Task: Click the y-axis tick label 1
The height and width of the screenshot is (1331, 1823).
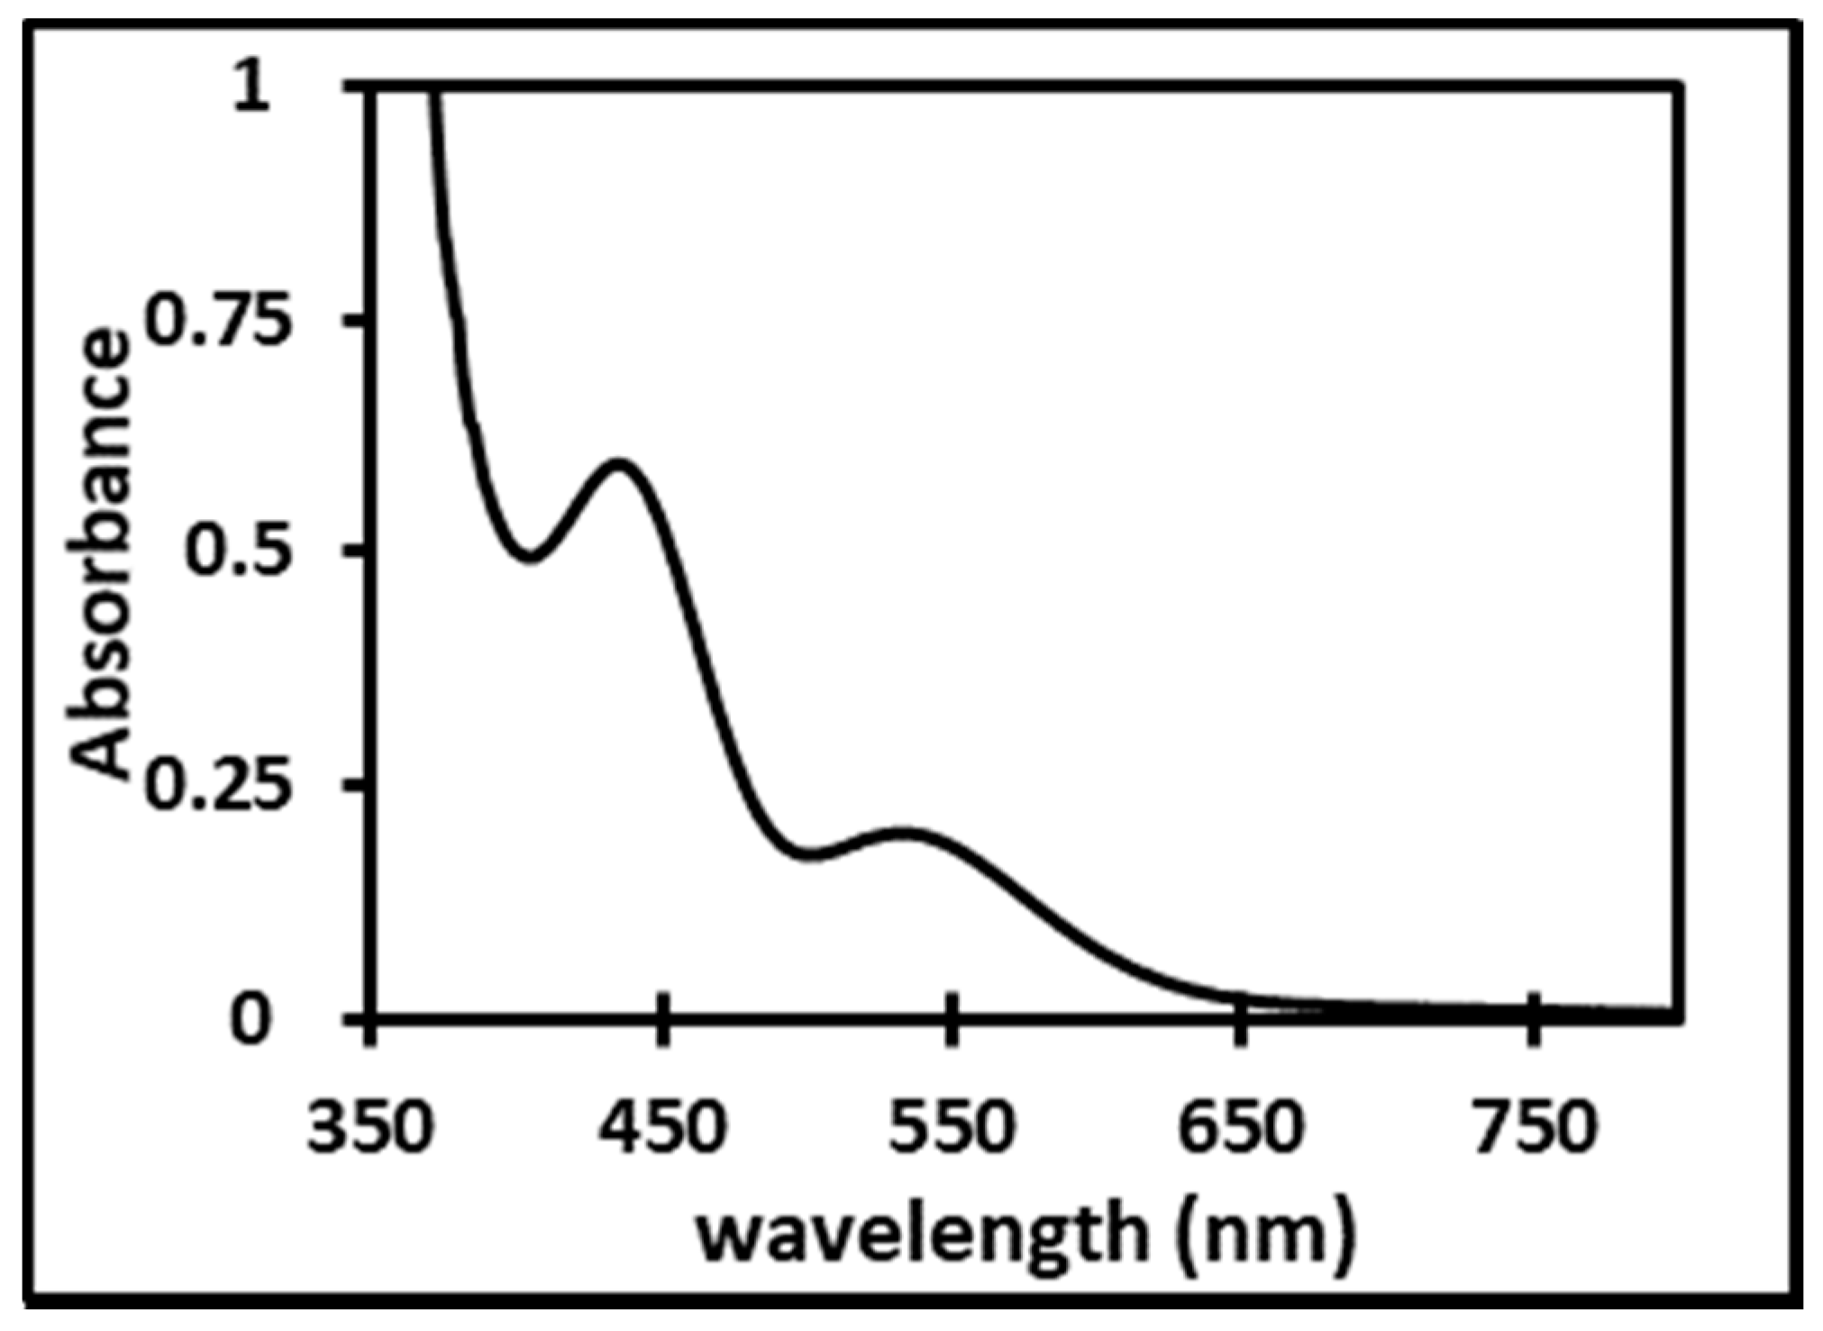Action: click(253, 91)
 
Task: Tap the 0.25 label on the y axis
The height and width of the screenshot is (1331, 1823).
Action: click(220, 782)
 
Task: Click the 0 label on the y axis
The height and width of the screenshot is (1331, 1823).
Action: click(251, 1020)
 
